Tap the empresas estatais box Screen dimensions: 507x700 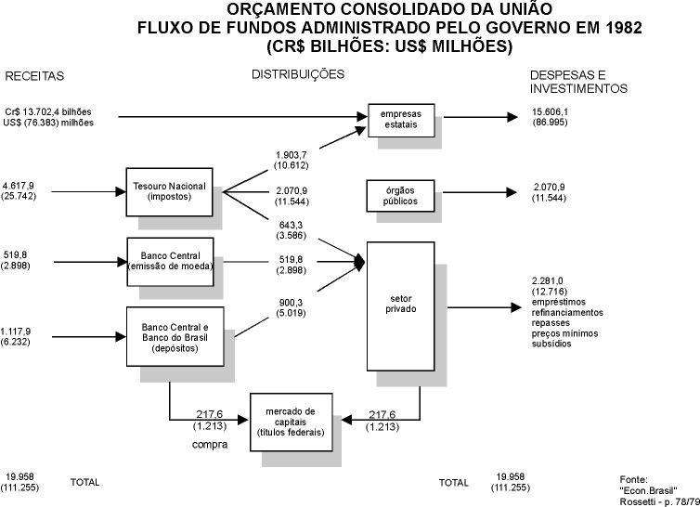pyautogui.click(x=401, y=118)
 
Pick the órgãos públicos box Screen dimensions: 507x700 pyautogui.click(x=401, y=195)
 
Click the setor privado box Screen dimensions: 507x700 pyautogui.click(x=401, y=306)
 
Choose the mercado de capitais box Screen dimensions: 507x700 pyautogui.click(x=291, y=418)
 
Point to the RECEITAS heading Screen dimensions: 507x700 pyautogui.click(x=35, y=75)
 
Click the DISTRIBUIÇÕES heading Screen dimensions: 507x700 pyautogui.click(x=299, y=73)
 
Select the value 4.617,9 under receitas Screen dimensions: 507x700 pyautogui.click(x=24, y=187)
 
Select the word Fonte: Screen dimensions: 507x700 pyautogui.click(x=633, y=478)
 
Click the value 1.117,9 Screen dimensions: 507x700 pyautogui.click(x=24, y=331)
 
